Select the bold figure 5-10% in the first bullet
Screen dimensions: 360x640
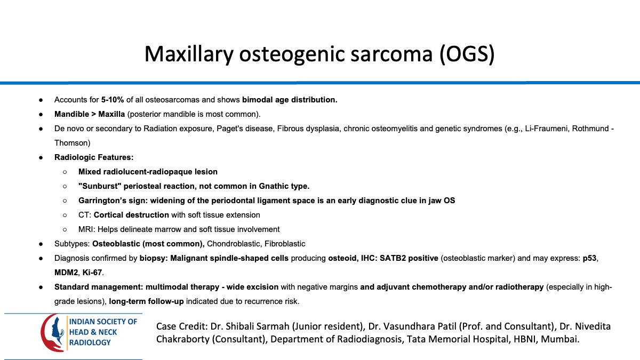pos(113,100)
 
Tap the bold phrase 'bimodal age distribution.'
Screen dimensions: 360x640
pos(290,100)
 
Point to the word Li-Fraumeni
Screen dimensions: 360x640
pos(550,129)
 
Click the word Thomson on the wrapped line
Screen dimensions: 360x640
pos(72,143)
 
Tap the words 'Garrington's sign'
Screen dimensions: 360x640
pos(109,201)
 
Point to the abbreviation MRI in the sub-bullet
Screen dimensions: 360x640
pos(85,229)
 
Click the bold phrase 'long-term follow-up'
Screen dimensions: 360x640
pos(146,301)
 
